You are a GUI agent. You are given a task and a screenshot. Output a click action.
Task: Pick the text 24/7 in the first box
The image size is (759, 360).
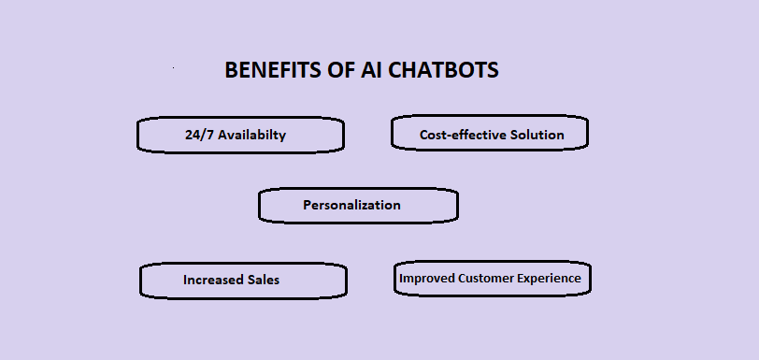(200, 135)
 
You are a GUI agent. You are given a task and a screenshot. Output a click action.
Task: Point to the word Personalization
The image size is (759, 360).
(351, 205)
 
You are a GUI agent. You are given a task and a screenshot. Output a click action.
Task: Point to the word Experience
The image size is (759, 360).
(547, 278)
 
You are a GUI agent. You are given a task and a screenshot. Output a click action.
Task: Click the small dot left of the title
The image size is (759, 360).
(174, 68)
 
